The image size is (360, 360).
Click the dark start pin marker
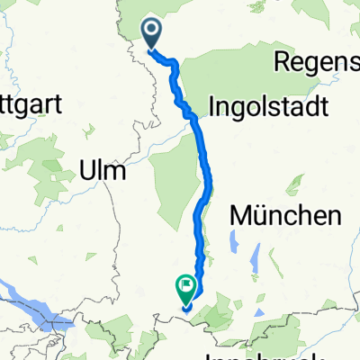coord(151,34)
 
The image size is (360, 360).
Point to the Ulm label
coord(104,168)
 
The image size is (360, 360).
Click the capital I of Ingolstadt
coord(212,106)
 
